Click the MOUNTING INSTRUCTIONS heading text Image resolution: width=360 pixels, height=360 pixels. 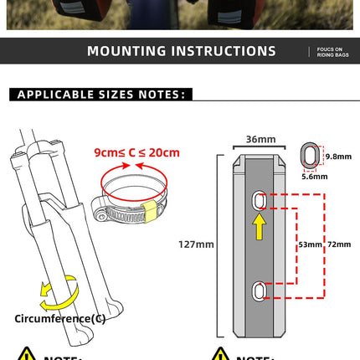pyautogui.click(x=181, y=51)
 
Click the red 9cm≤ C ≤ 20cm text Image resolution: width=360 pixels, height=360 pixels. pyautogui.click(x=136, y=153)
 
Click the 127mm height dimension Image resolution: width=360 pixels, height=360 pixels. pyautogui.click(x=198, y=244)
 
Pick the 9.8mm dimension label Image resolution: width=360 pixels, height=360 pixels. pyautogui.click(x=337, y=156)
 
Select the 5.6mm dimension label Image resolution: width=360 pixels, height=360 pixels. pyautogui.click(x=315, y=177)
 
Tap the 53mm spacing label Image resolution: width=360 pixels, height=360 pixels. pyautogui.click(x=310, y=244)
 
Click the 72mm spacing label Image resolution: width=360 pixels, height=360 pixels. pyautogui.click(x=340, y=244)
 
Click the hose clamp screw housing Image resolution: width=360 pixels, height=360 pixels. pyautogui.click(x=107, y=213)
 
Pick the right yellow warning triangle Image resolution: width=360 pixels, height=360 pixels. pyautogui.click(x=220, y=355)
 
